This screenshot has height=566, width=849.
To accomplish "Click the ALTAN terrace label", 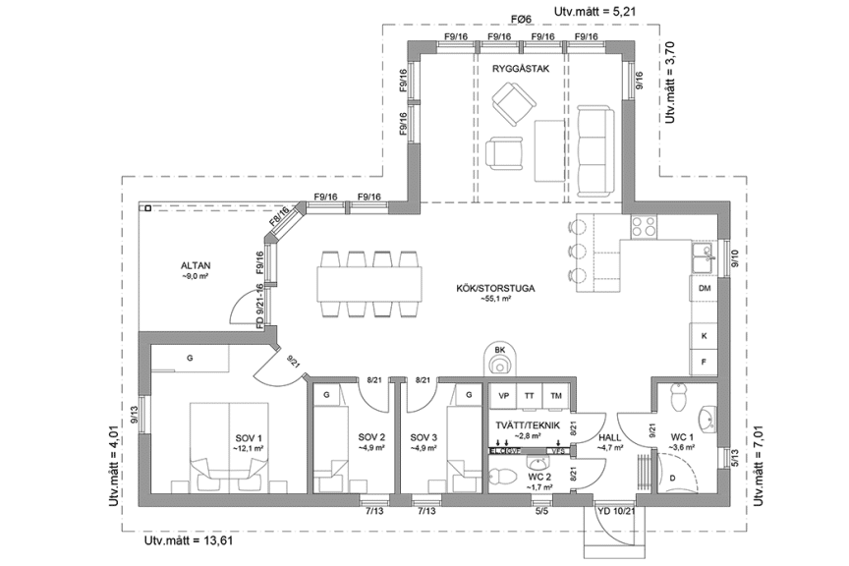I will click(x=197, y=265).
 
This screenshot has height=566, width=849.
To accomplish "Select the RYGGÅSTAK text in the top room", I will click(x=520, y=71).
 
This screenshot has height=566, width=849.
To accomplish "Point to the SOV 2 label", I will click(x=371, y=436).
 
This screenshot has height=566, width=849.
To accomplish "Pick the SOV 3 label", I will click(x=424, y=436).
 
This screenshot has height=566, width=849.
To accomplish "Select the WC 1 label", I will click(x=682, y=436).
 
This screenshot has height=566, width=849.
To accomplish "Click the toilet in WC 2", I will click(x=502, y=478).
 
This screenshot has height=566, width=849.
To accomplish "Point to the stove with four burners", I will click(x=644, y=227).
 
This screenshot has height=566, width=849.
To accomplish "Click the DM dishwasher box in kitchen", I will click(x=705, y=289).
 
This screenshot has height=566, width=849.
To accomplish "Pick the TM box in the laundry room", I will click(x=556, y=395).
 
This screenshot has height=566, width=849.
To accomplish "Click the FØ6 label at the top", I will click(x=521, y=19).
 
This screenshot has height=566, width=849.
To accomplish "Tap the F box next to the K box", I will click(x=705, y=362).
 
